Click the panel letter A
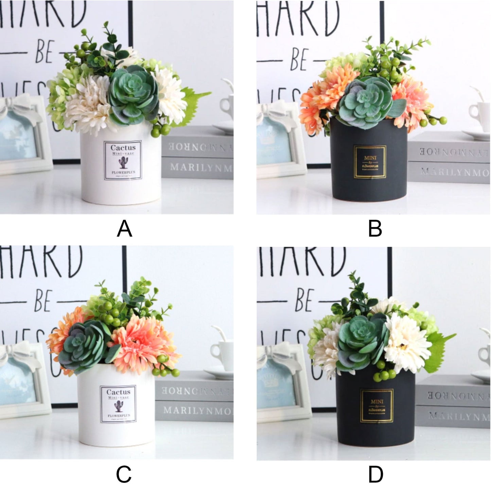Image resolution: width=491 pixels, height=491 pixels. coord(124,229)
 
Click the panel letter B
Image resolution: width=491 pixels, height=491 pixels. coord(375,229)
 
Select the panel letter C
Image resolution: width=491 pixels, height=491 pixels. coord(124,474)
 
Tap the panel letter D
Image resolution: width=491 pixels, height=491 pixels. coord(375,474)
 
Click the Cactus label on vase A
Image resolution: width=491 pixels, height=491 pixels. coord(123,160)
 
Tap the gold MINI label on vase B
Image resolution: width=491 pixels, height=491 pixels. coord(370,162)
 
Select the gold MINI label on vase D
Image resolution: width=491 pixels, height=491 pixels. coord(377,406)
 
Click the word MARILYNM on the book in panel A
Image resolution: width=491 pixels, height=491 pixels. coord(200,168)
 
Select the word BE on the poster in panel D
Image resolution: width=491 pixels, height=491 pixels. coord(303,300)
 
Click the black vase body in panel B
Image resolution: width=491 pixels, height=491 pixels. coord(369,183)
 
